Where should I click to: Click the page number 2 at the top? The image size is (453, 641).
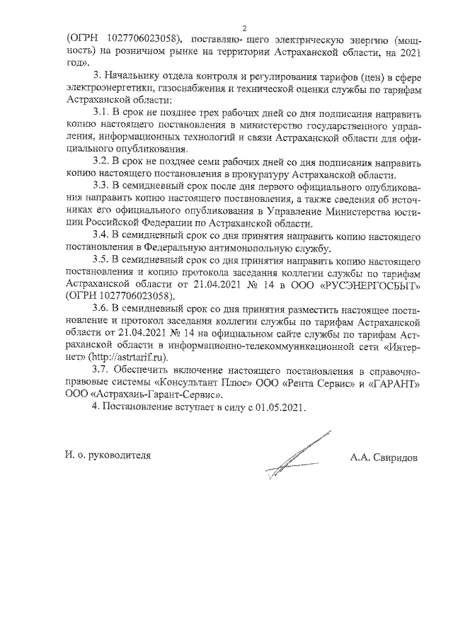(x=243, y=28)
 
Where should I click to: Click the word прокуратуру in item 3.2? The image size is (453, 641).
(x=266, y=174)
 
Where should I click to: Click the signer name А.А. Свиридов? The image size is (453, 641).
(x=384, y=457)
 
